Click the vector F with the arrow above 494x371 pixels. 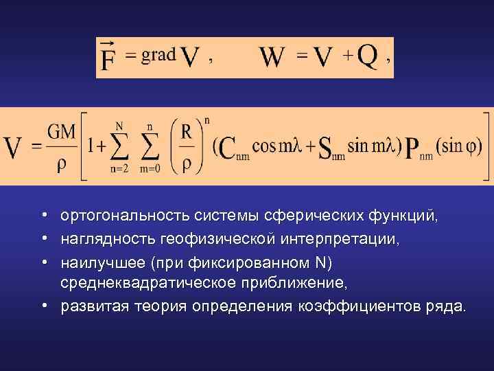tap(108, 58)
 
